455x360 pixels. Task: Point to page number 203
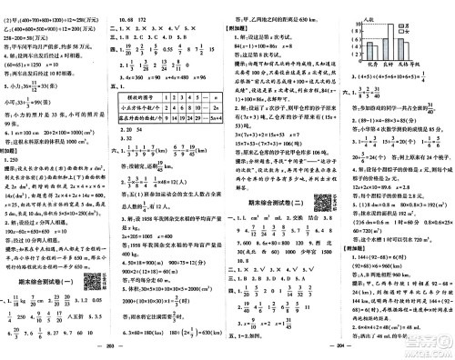(x=113, y=352)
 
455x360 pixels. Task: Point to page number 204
(x=339, y=352)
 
